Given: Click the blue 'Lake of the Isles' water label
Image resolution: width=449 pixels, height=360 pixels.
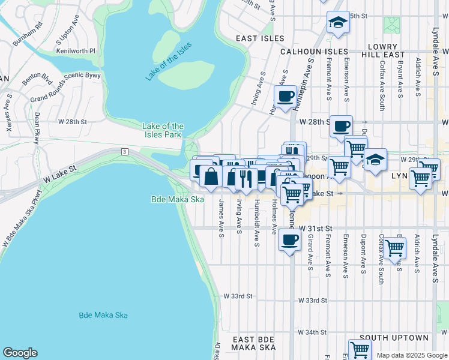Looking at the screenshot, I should tap(168, 61).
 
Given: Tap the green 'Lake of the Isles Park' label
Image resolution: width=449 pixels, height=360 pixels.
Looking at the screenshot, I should tap(163, 130).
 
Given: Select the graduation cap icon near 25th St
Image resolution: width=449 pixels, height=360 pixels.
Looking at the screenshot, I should tap(338, 23).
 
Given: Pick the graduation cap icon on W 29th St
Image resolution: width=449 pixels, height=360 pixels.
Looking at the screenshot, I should tap(375, 160).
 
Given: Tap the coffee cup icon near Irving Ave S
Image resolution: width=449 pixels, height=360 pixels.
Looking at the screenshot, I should tap(285, 95).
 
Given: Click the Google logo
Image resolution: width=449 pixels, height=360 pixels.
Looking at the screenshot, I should tap(20, 353).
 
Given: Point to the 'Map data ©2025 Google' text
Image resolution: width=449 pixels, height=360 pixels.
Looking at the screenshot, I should tap(412, 355).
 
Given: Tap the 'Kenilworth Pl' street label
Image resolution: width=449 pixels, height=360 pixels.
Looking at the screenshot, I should tap(76, 51).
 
